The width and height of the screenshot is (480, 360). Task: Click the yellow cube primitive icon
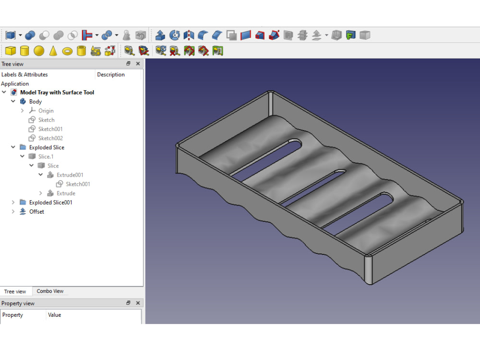(10, 51)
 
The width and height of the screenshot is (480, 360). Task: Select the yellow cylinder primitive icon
(24, 51)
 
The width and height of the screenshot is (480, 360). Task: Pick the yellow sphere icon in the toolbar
(39, 51)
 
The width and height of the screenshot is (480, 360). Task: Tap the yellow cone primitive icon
(53, 51)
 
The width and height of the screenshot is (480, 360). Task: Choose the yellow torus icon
(67, 51)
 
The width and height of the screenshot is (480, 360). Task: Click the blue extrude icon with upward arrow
(160, 35)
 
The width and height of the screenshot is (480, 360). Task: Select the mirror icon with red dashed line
(189, 35)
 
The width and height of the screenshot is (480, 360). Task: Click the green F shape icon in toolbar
(351, 35)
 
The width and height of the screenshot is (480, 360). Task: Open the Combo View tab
(50, 291)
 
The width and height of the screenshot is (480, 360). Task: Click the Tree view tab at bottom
(15, 291)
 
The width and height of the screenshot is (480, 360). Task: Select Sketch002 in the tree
(50, 138)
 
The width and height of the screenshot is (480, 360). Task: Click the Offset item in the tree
(36, 212)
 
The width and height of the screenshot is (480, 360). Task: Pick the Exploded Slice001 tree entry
(50, 203)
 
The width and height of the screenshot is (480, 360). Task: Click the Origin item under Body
(46, 111)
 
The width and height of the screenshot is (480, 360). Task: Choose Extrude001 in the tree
(70, 175)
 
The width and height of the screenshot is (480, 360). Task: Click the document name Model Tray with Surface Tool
(57, 93)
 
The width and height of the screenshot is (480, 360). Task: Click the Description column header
(110, 74)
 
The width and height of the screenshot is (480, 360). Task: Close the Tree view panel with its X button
(138, 64)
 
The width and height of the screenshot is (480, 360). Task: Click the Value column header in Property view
(55, 315)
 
